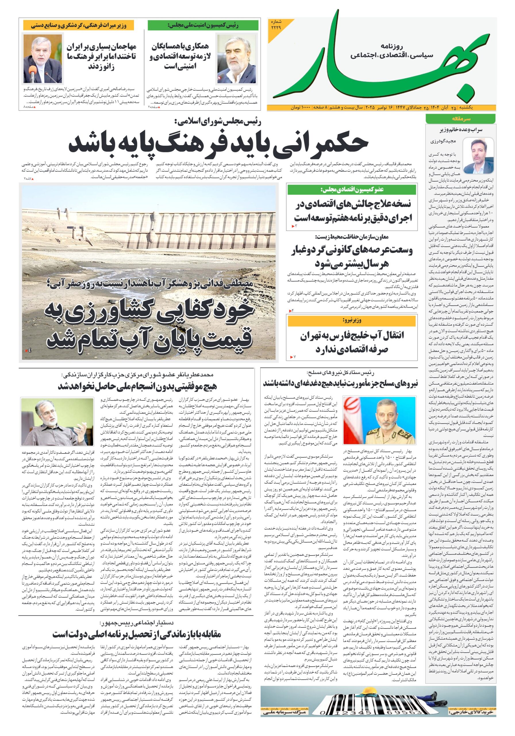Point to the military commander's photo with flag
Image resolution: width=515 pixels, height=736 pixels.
pos(379,420)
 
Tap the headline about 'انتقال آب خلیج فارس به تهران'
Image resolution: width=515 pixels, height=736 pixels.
pos(352,342)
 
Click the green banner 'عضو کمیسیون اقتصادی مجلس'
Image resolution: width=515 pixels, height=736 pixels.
pos(352,190)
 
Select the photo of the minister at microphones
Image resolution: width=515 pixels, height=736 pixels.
pos(43,59)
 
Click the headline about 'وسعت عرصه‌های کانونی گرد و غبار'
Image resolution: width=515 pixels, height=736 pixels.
pos(352,256)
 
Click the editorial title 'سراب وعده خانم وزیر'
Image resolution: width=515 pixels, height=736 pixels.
pos(460,130)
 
